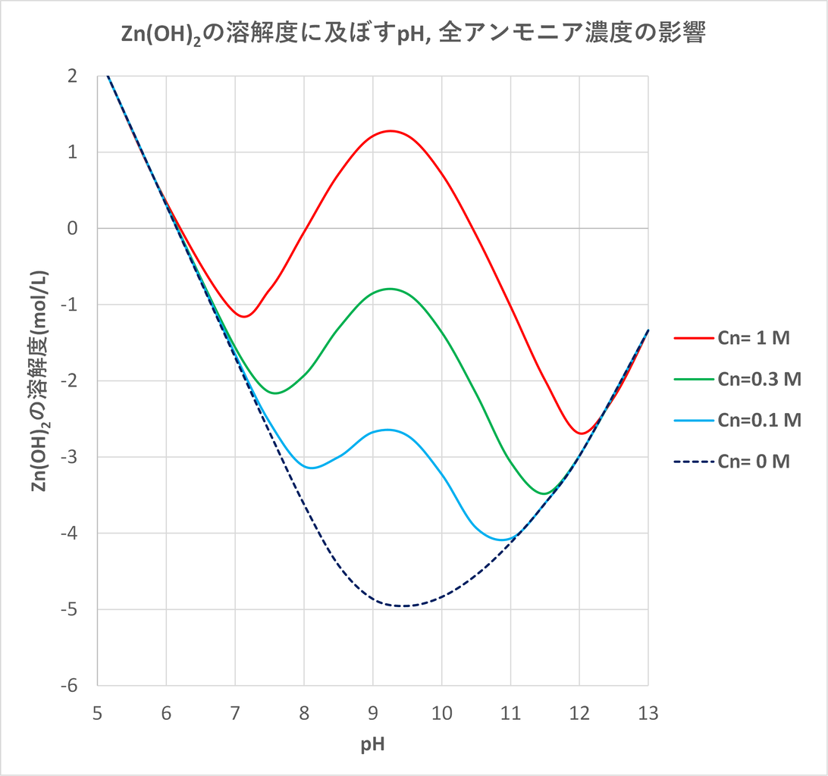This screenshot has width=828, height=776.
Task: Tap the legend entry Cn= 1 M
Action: click(754, 338)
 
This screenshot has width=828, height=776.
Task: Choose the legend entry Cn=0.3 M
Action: click(759, 379)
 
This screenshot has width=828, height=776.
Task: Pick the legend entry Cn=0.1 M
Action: click(759, 420)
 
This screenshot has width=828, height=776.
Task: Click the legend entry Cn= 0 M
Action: click(754, 461)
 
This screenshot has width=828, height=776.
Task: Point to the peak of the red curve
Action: click(390, 131)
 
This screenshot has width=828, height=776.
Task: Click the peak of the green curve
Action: click(390, 289)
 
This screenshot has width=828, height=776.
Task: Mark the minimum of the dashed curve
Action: click(403, 605)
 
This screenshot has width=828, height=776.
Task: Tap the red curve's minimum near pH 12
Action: click(580, 433)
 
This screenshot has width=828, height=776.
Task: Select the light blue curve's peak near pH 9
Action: click(387, 430)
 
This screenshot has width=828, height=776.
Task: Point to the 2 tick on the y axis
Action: click(72, 76)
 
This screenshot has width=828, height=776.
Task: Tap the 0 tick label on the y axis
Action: click(72, 228)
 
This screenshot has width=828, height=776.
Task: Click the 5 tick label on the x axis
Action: click(98, 713)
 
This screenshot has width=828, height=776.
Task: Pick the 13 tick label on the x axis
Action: click(648, 713)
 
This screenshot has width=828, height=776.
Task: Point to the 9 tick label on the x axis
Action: click(372, 713)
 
